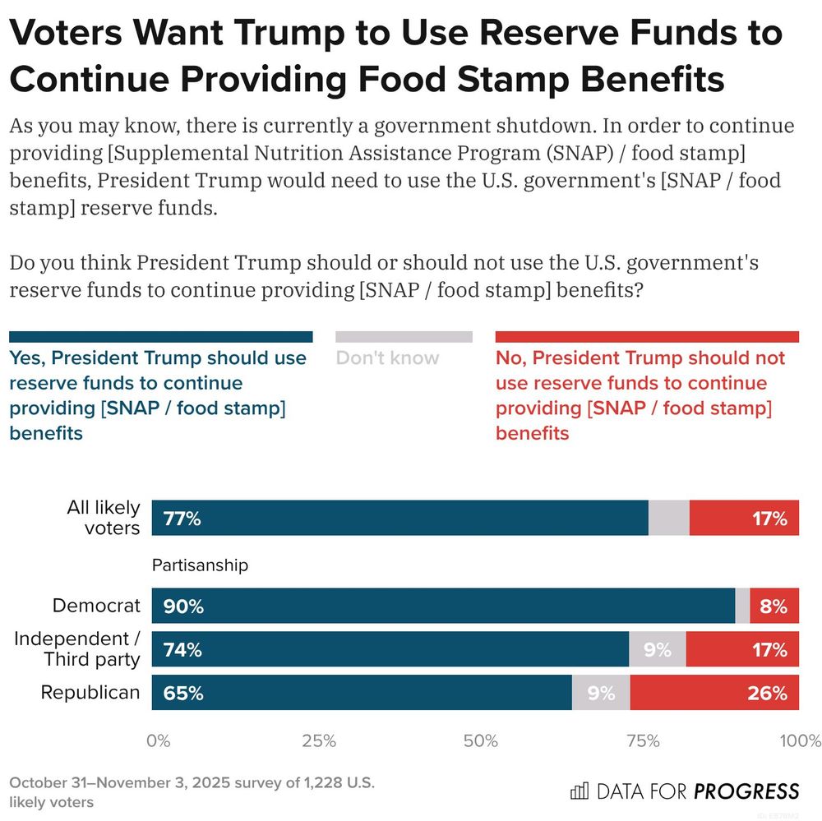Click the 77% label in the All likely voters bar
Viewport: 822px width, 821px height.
point(182,519)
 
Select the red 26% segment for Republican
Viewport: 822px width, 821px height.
point(714,693)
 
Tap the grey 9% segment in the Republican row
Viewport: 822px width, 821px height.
point(601,693)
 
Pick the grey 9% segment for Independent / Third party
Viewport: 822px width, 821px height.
point(657,649)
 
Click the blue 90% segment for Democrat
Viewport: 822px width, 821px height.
point(443,607)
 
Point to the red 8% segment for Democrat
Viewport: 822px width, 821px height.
point(774,607)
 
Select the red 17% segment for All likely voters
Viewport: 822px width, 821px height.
point(744,519)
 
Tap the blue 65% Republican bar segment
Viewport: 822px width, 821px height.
point(362,693)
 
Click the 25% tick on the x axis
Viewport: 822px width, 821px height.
point(319,741)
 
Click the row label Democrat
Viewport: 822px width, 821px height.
point(96,607)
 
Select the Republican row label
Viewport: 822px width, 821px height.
point(90,693)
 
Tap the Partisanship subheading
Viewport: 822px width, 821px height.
point(200,565)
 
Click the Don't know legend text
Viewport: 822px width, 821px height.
point(387,358)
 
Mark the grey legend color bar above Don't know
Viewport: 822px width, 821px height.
point(404,337)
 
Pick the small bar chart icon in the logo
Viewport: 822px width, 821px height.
point(580,791)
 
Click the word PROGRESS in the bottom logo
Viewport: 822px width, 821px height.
point(746,791)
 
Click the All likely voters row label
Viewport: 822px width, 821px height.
point(103,518)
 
